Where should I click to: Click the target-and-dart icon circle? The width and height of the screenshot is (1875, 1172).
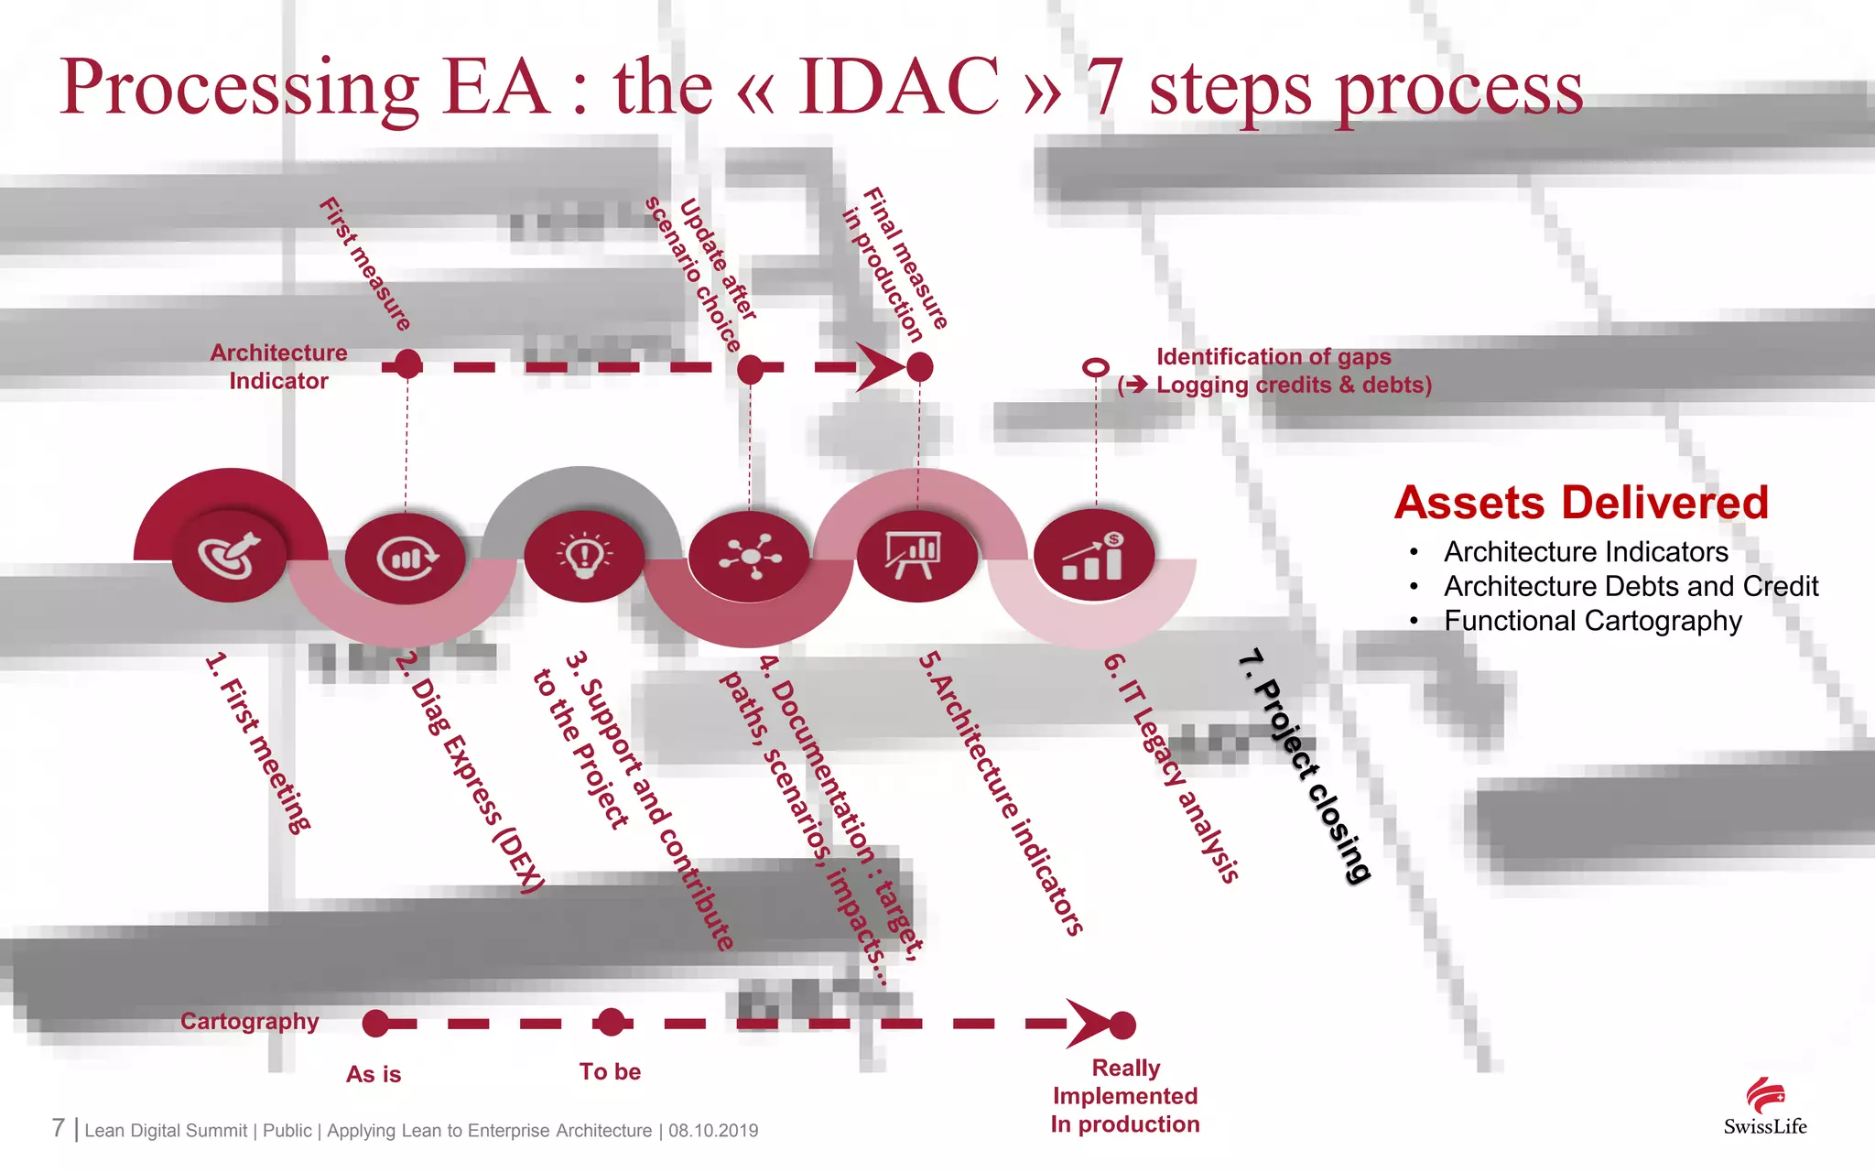coord(230,555)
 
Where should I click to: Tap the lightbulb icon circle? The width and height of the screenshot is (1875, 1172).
coord(583,555)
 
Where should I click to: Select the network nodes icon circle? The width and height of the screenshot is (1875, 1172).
coord(750,555)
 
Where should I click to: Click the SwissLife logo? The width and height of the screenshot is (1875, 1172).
coord(1764,1107)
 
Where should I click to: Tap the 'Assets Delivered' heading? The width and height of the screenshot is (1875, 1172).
coord(1581,503)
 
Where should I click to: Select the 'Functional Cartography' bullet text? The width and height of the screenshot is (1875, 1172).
coord(1592,621)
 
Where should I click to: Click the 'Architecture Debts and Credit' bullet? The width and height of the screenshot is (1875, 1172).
coord(1631,586)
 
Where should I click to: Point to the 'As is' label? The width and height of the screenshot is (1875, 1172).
coord(374,1074)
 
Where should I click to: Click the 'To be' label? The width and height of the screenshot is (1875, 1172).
coord(610,1072)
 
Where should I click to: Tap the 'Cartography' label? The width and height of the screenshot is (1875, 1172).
coord(249,1021)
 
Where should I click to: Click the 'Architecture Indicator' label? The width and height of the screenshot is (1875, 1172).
coord(278,366)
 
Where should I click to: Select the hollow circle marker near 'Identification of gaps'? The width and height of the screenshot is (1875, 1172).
coord(1095,368)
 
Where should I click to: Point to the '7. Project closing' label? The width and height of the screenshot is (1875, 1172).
coord(1304,765)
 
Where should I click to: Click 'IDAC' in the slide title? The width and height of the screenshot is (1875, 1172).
coord(899,87)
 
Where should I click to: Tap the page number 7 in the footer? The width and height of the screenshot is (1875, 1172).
coord(59,1128)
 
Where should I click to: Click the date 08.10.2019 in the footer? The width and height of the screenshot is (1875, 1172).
coord(713,1131)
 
